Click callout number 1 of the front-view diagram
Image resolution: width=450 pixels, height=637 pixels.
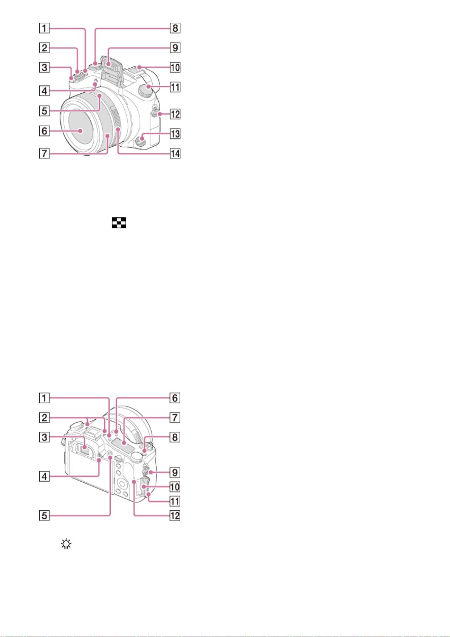44,28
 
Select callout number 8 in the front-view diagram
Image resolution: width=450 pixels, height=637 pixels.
175,28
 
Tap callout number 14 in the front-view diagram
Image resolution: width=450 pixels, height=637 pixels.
175,153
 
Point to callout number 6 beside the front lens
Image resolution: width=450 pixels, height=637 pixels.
44,131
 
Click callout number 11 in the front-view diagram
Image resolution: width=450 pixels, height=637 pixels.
175,87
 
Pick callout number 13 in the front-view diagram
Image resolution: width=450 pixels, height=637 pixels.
175,134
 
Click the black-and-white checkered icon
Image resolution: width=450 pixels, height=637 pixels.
119,223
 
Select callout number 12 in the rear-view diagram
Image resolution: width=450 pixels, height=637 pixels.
175,516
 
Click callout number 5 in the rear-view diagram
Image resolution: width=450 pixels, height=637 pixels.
44,516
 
